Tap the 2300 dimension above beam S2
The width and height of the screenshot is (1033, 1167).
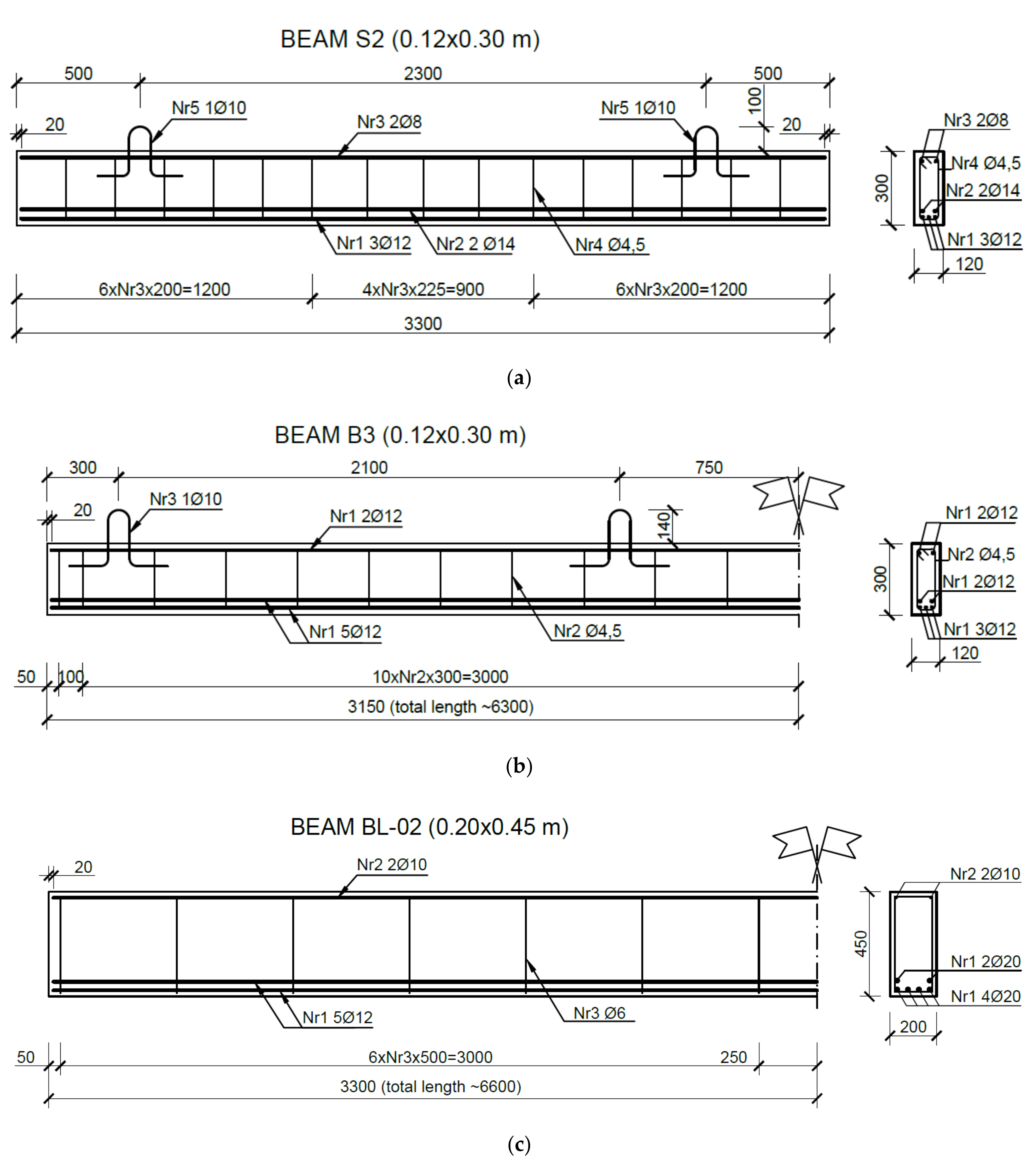pyautogui.click(x=423, y=74)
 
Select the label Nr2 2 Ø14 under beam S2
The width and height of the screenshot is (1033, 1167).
pyautogui.click(x=475, y=244)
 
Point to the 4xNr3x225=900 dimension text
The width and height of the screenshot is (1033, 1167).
pyautogui.click(x=423, y=289)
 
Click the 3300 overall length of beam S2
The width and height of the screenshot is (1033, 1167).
pyautogui.click(x=423, y=324)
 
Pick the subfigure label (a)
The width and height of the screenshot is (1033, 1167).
pyautogui.click(x=519, y=378)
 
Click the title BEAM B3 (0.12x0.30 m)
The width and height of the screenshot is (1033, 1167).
pyautogui.click(x=400, y=435)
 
